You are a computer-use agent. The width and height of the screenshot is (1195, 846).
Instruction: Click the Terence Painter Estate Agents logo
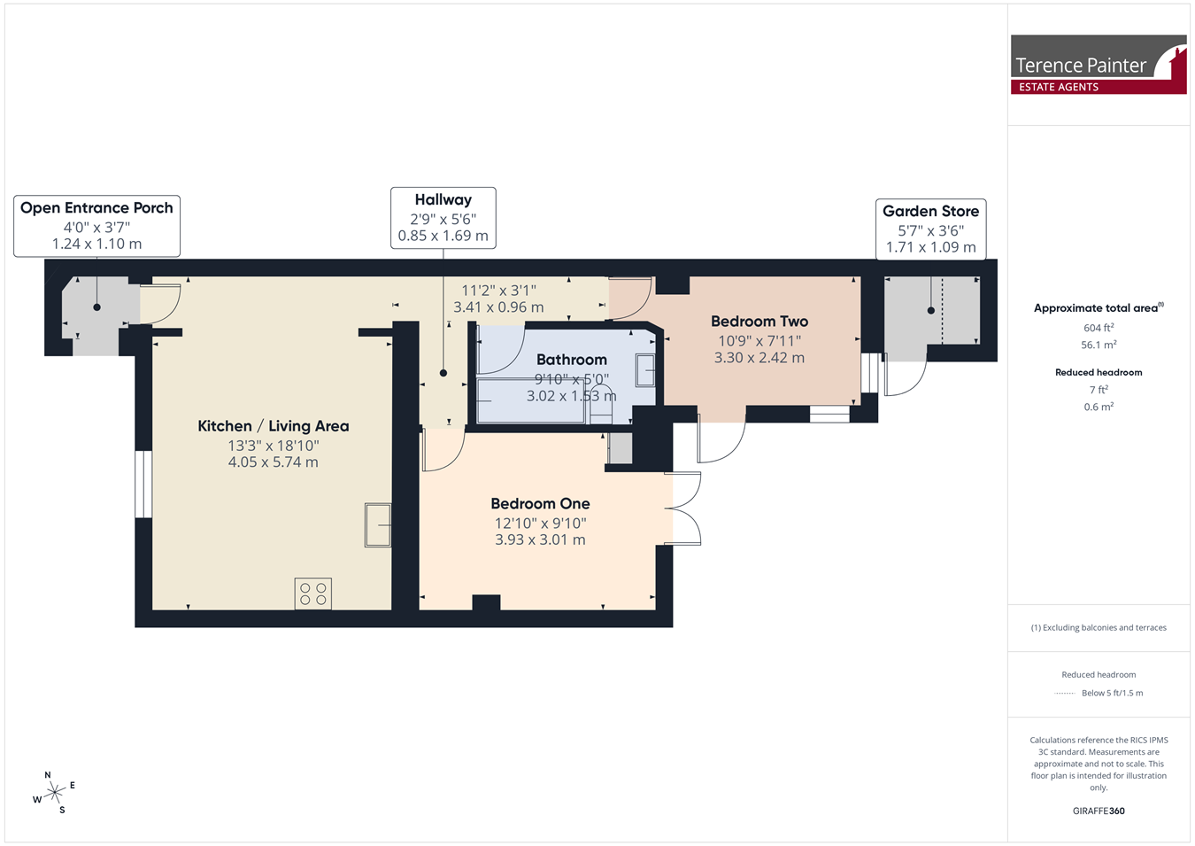click(1099, 65)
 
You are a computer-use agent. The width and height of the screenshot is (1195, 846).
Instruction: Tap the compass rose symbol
click(54, 793)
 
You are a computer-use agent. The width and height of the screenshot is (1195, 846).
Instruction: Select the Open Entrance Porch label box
click(96, 226)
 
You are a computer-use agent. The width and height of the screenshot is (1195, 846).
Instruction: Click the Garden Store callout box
click(930, 229)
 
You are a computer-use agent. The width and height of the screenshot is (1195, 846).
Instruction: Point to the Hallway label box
click(443, 218)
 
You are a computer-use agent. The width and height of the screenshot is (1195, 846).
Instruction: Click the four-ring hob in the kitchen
click(313, 594)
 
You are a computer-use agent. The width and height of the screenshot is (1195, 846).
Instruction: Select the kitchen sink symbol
click(378, 525)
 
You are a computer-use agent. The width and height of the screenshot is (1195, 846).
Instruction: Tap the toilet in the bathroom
click(601, 404)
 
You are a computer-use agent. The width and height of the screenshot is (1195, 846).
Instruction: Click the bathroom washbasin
click(645, 370)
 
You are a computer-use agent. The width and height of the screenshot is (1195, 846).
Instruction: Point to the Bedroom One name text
click(540, 503)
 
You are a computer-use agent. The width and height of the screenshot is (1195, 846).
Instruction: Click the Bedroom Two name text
click(759, 322)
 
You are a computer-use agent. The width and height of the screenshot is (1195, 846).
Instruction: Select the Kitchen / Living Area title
click(274, 426)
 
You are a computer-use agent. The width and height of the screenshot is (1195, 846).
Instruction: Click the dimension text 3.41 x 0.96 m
click(498, 307)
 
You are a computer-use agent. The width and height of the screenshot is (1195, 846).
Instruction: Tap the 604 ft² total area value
click(1099, 328)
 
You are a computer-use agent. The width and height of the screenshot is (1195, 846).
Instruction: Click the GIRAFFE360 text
click(1099, 811)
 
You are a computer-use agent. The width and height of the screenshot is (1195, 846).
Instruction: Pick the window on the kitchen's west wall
click(143, 484)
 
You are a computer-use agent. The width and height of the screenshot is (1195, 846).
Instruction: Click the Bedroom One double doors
click(682, 508)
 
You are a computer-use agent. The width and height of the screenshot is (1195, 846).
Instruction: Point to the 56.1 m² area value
click(1099, 345)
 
